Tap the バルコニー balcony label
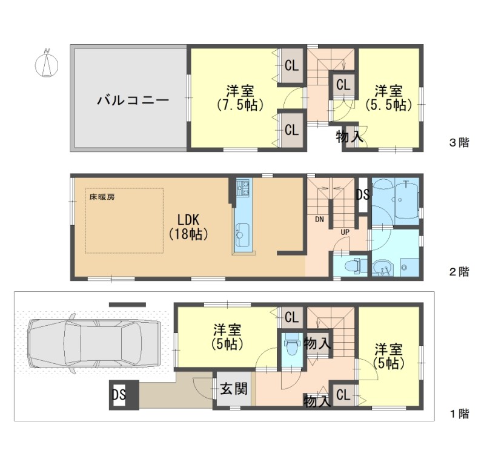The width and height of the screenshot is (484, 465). (133, 101)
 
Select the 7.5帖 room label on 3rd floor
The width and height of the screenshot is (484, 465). (240, 98)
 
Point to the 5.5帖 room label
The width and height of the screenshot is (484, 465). (389, 98)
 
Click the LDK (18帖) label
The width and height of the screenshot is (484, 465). (188, 227)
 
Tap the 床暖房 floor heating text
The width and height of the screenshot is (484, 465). (102, 197)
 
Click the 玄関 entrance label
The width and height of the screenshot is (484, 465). (234, 389)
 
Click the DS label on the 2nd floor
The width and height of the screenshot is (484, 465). (363, 194)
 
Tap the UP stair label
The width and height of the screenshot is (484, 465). (345, 232)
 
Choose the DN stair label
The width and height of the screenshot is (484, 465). (319, 219)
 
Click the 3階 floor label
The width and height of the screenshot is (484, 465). (459, 142)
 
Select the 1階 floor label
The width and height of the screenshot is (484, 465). (459, 414)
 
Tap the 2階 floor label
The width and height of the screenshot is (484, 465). (459, 271)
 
